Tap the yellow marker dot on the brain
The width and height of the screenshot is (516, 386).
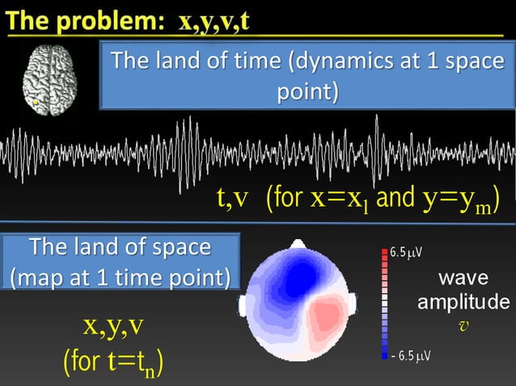coord(36,102)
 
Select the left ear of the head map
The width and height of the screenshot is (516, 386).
coord(243,305)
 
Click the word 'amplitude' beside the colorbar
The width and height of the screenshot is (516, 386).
coord(463,302)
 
